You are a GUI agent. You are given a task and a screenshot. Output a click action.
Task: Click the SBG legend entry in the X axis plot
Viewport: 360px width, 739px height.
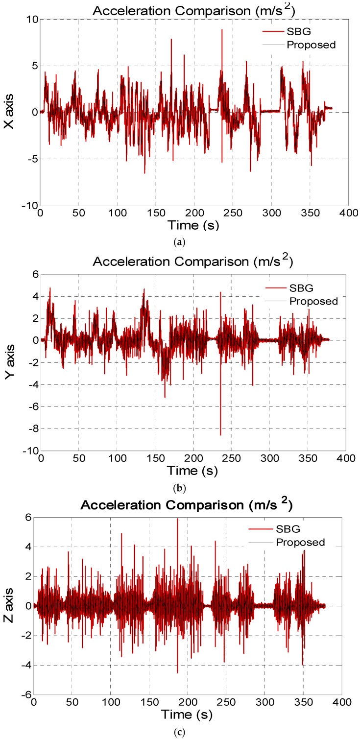[299, 33]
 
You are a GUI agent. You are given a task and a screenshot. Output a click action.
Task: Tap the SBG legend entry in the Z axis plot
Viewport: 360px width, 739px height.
[299, 540]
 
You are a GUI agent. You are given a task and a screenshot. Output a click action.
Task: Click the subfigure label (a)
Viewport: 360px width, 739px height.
[183, 240]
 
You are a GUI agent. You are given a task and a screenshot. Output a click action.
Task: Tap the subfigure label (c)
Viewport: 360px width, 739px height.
[183, 732]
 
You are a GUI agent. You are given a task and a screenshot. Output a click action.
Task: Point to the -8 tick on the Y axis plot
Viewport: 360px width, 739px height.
[32, 429]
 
